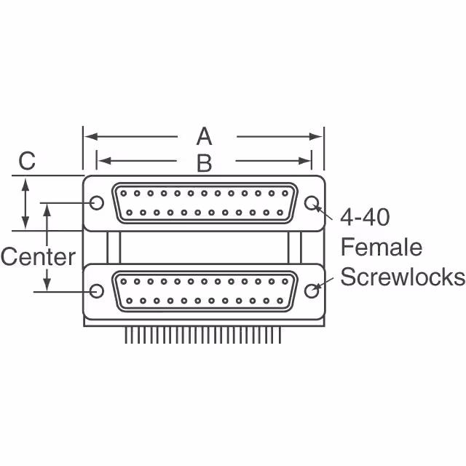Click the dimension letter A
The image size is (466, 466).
(204, 136)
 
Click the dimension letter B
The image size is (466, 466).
(204, 162)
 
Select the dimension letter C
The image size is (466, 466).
(27, 161)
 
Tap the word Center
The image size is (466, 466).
(38, 256)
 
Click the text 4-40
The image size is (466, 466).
(366, 217)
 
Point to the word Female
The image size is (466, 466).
(382, 247)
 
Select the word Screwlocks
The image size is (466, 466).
(403, 277)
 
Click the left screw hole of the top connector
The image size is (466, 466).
(96, 202)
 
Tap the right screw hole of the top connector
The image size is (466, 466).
(312, 203)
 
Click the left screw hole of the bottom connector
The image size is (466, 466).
(96, 291)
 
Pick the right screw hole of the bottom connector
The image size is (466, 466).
(312, 291)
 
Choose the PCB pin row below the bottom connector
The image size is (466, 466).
(203, 333)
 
